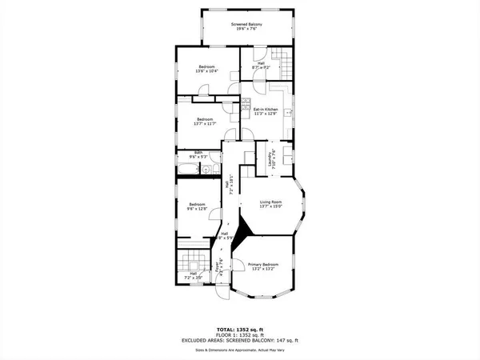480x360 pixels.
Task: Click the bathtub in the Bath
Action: click(x=190, y=170)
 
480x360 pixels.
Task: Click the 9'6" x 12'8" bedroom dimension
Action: click(x=197, y=209)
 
